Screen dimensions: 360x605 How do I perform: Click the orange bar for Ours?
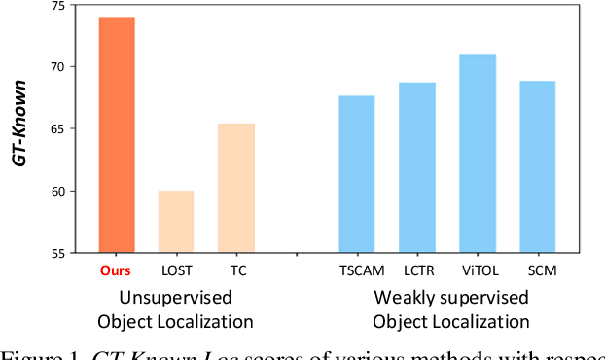click(x=117, y=135)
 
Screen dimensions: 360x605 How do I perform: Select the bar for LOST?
click(x=176, y=222)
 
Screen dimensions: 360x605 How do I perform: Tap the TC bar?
click(x=236, y=188)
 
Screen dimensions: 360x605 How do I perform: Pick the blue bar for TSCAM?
click(x=356, y=174)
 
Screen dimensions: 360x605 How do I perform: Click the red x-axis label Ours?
click(x=117, y=269)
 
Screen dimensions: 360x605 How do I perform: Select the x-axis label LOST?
click(x=177, y=269)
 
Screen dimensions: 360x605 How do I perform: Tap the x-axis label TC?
click(x=236, y=269)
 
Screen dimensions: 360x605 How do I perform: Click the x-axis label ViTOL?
click(x=478, y=269)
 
